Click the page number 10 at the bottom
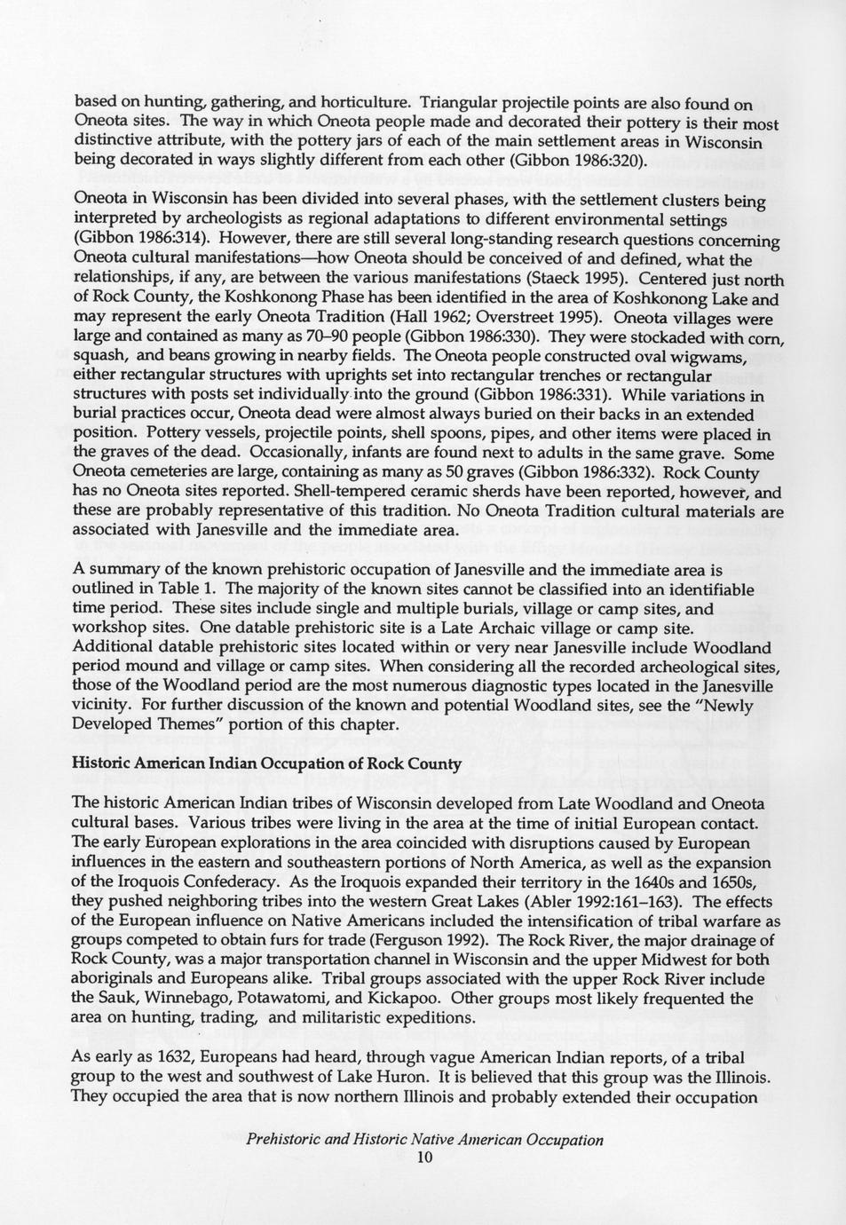coord(423,1158)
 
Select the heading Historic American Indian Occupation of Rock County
coord(266,763)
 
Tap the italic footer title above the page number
coord(424,1141)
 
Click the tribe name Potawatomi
coord(298,999)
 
